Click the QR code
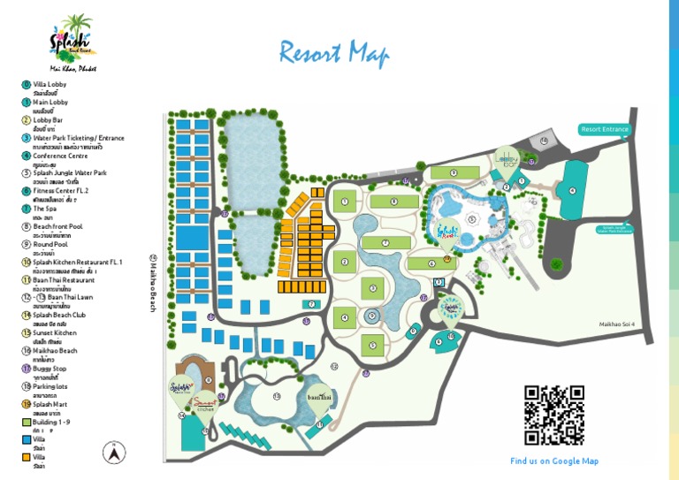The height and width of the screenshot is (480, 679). click(553, 415)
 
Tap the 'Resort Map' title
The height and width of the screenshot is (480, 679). click(334, 53)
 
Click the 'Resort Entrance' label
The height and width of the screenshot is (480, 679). click(605, 129)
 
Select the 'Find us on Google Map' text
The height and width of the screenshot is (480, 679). click(554, 461)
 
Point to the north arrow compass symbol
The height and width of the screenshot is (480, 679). click(113, 453)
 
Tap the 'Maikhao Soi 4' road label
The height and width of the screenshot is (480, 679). click(624, 324)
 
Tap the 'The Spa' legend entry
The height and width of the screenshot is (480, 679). click(44, 209)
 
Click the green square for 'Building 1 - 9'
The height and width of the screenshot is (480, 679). click(27, 423)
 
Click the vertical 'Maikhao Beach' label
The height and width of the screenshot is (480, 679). click(153, 283)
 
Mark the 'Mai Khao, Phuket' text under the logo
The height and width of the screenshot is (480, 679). click(73, 68)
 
